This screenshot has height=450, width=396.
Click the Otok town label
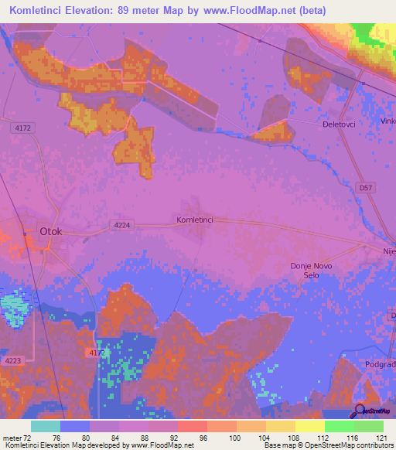(x=50, y=230)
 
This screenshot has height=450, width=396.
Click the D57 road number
(x=364, y=188)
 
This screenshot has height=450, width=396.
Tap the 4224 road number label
(x=121, y=225)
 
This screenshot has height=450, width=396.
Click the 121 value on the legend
(x=381, y=437)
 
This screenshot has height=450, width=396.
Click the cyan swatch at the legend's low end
(x=45, y=426)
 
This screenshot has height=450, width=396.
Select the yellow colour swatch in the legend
(x=309, y=426)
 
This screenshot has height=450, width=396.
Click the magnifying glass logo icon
(x=359, y=410)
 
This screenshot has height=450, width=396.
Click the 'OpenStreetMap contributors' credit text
(x=353, y=445)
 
